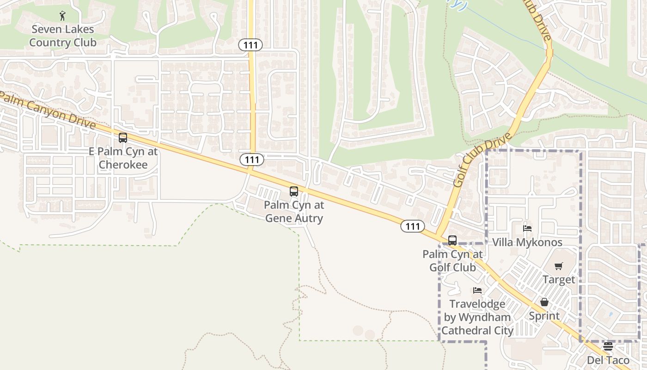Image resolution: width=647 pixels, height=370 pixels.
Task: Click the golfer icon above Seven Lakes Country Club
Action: [x=63, y=16]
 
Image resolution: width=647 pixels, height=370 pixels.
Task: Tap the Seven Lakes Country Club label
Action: [x=62, y=36]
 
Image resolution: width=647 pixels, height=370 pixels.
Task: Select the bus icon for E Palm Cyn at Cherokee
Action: [x=123, y=137]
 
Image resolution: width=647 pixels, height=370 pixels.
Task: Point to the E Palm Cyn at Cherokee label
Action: [x=123, y=158]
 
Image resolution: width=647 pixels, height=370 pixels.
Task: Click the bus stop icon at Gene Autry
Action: [x=294, y=191]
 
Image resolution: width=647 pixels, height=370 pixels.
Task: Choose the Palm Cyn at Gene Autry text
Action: [x=294, y=211]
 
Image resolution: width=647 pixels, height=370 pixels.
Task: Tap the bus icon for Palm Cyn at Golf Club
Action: [x=452, y=240]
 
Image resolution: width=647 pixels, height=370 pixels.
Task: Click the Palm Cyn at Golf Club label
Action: [x=452, y=261]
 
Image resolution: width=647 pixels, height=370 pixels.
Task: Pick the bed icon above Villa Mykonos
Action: [x=527, y=228]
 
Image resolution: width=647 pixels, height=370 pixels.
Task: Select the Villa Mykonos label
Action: [x=527, y=242]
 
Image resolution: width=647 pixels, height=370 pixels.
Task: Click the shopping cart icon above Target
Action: [x=559, y=266]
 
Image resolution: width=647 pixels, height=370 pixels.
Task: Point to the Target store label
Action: [x=559, y=280]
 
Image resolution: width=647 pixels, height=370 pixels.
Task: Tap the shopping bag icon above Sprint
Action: [x=544, y=302]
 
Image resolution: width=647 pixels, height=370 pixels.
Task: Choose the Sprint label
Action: [x=544, y=316]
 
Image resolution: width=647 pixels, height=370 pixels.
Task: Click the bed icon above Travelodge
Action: [x=477, y=290]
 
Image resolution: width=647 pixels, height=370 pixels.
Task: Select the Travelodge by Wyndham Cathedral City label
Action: [x=477, y=317]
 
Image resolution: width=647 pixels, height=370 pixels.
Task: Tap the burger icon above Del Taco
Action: [x=608, y=346]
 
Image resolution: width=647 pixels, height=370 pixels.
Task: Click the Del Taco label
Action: [x=608, y=360]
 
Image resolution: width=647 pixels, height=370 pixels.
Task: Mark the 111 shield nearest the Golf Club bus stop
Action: [x=412, y=226]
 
